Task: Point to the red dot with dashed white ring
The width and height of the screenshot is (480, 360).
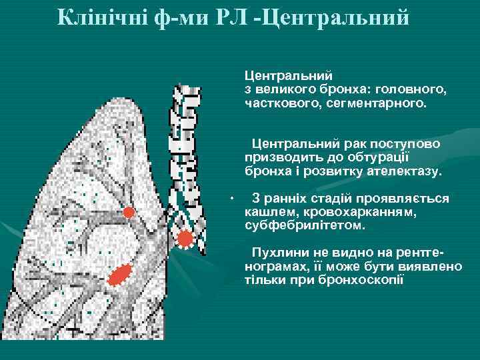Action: (185, 238)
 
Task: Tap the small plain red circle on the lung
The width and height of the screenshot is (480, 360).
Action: (129, 213)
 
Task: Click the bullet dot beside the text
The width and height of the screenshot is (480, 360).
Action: (228, 199)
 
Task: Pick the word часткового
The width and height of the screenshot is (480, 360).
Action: (275, 103)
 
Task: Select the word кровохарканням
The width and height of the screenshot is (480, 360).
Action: (363, 213)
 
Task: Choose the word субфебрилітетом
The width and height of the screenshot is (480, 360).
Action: (305, 226)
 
